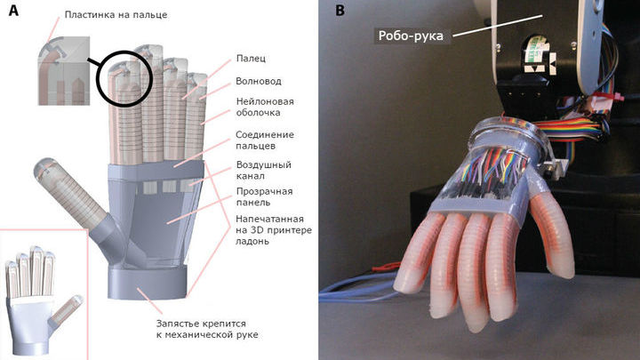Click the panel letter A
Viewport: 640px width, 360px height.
pyautogui.click(x=13, y=11)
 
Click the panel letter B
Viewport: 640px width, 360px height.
pyautogui.click(x=340, y=10)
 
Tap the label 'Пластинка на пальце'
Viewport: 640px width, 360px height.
pyautogui.click(x=116, y=15)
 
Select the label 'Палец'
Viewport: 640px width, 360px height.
pyautogui.click(x=251, y=59)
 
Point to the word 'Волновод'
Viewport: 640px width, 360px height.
pyautogui.click(x=259, y=81)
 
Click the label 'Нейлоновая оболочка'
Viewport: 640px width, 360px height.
pyautogui.click(x=265, y=107)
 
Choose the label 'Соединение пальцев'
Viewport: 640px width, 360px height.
pyautogui.click(x=265, y=140)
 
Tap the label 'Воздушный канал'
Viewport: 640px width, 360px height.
pyautogui.click(x=264, y=170)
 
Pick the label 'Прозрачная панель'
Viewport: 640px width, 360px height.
pyautogui.click(x=265, y=196)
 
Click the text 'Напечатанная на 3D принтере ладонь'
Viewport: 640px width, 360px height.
pyautogui.click(x=274, y=230)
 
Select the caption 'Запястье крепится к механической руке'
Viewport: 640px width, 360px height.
pyautogui.click(x=207, y=329)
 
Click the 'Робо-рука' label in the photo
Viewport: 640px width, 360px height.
pyautogui.click(x=411, y=36)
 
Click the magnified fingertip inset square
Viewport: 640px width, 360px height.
pyautogui.click(x=64, y=70)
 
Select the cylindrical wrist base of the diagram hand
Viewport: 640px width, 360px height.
pyautogui.click(x=148, y=283)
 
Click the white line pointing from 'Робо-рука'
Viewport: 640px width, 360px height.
pyautogui.click(x=498, y=26)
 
